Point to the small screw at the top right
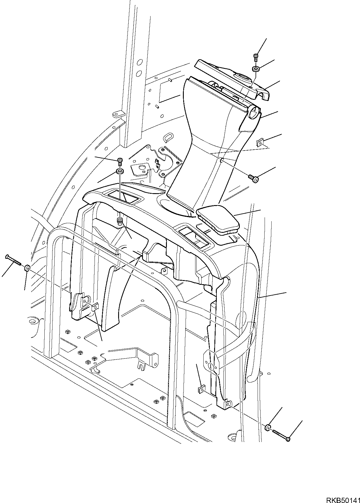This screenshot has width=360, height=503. (x=255, y=57)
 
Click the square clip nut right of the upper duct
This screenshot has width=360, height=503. (x=259, y=143)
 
